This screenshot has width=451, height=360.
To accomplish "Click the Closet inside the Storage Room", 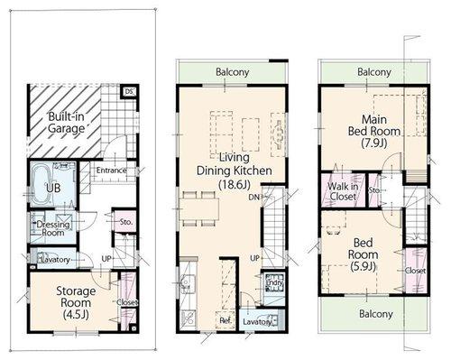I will (126, 302).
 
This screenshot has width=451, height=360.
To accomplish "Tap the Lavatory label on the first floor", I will (52, 260).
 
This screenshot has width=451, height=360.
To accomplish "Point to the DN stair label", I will (255, 196).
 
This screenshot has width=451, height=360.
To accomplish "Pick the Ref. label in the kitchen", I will (225, 319).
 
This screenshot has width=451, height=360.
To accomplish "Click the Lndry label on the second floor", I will (274, 285).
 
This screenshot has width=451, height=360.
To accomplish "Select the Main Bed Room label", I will (373, 125).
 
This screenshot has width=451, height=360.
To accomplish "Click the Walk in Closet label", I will (343, 192).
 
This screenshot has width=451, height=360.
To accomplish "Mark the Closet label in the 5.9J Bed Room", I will (415, 270).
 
